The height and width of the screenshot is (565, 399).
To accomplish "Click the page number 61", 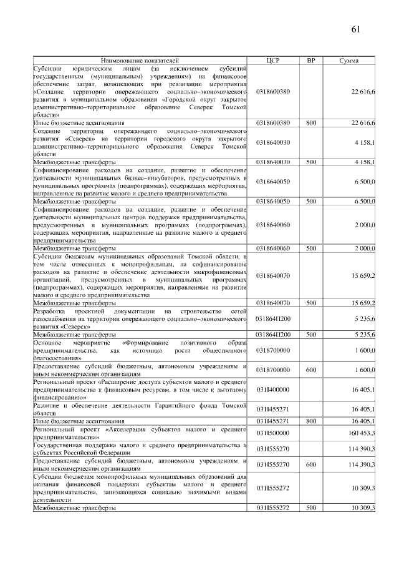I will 357,29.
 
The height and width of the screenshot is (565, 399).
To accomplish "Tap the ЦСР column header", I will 273,61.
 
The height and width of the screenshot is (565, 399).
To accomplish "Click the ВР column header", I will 310,61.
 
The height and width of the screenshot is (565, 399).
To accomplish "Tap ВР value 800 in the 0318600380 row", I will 310,123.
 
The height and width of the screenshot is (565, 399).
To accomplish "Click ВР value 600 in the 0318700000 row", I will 310,370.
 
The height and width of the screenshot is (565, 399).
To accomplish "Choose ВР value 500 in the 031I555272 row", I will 310,509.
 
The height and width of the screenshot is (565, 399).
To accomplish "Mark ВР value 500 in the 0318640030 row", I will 310,162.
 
